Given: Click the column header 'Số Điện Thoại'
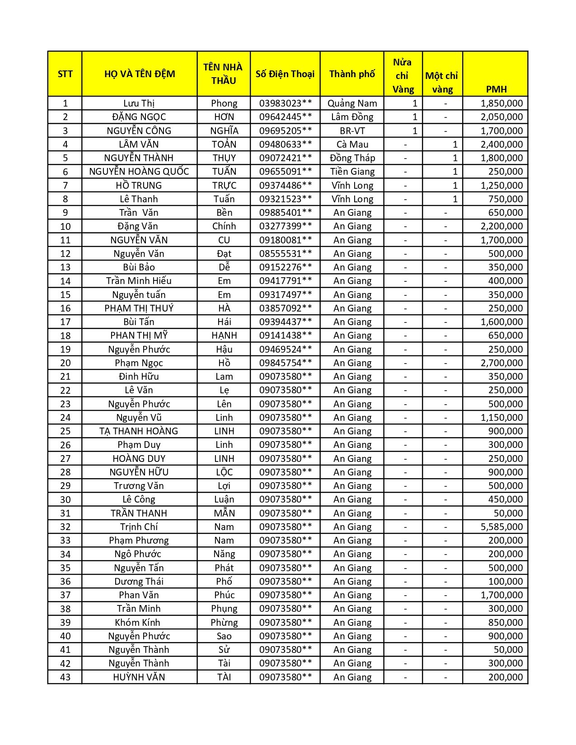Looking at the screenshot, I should [285, 74].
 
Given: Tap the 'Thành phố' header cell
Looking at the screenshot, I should [352, 74].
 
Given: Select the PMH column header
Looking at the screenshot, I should [496, 89].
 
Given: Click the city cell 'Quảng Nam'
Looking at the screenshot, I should [352, 103].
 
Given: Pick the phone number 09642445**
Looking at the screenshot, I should [285, 117].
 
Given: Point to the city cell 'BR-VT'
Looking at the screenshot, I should [352, 131].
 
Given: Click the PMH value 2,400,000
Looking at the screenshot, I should [501, 144].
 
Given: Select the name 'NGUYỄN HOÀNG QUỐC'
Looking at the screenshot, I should [139, 172].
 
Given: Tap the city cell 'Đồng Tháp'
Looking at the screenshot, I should [352, 158].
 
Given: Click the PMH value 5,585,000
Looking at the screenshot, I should [501, 527].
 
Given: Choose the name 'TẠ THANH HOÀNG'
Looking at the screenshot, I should [139, 431].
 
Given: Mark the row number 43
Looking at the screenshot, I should [65, 677].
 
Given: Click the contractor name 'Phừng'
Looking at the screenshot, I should [224, 623].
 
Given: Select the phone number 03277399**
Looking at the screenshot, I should [285, 226].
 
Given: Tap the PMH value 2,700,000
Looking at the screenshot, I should [501, 363].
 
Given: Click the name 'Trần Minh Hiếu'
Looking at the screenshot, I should [139, 281].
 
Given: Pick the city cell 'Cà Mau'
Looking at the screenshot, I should [352, 144].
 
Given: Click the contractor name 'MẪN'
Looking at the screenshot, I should [224, 513].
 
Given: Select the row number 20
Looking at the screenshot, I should [65, 363].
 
